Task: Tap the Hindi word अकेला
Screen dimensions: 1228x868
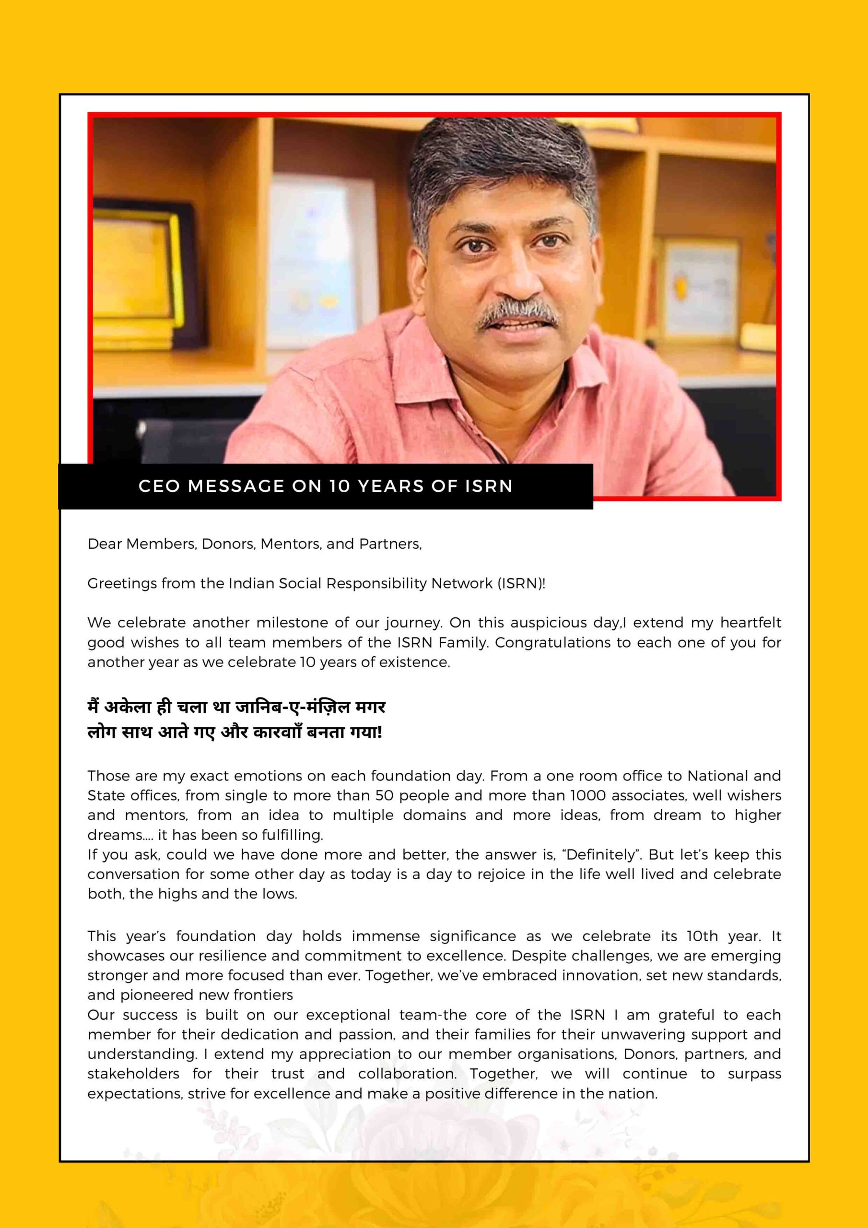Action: [127, 708]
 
